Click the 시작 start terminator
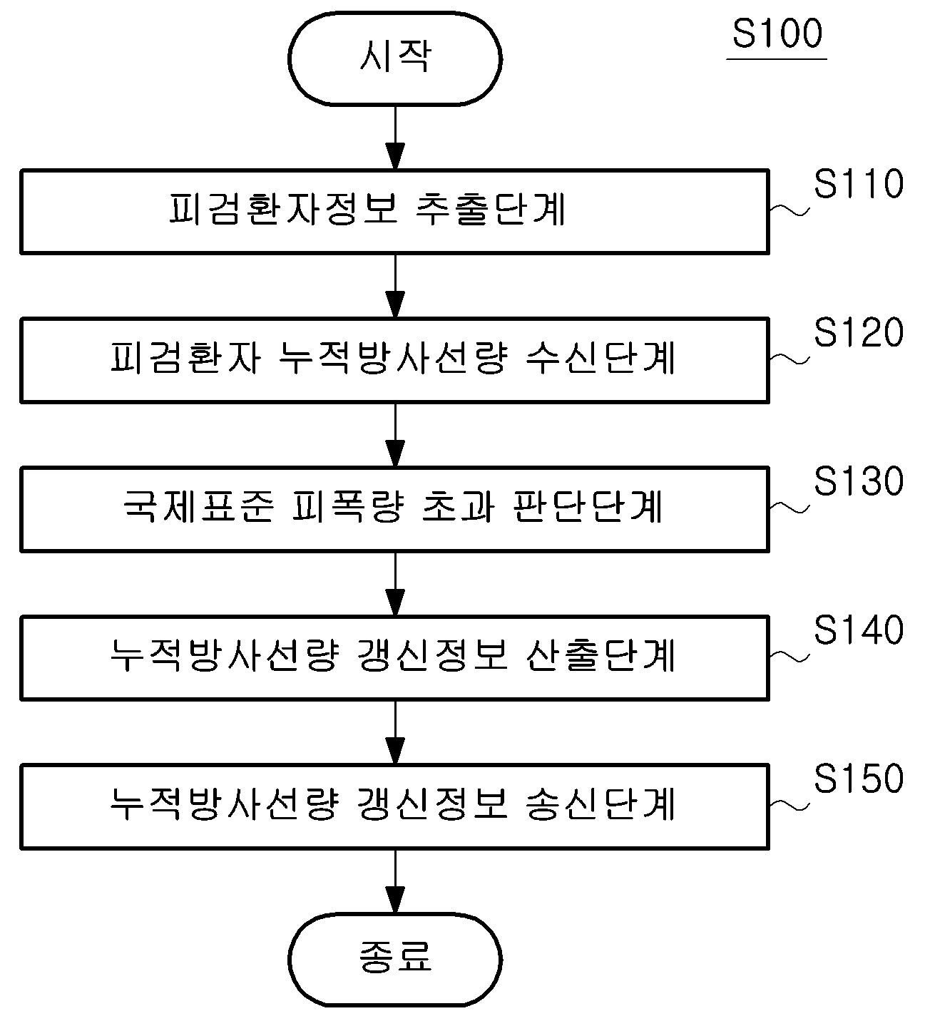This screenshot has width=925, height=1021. click(x=395, y=58)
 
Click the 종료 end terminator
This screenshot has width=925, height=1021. click(x=395, y=960)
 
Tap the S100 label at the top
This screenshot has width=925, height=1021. click(x=777, y=34)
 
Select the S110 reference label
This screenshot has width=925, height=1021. click(x=859, y=183)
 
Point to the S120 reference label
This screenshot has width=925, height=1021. click(x=859, y=332)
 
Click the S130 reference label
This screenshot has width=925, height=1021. click(x=859, y=481)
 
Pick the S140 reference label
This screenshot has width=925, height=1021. click(x=859, y=630)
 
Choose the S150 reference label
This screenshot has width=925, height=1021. click(x=859, y=778)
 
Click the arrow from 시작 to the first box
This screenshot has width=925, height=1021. click(x=395, y=138)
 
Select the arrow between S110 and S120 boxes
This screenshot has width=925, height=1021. click(x=395, y=285)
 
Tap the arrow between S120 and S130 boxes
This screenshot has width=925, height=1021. click(x=395, y=435)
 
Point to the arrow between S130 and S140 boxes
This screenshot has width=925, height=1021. click(x=395, y=584)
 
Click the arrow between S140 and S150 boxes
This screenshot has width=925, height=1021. click(x=395, y=732)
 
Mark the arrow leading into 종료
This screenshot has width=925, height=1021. click(x=395, y=881)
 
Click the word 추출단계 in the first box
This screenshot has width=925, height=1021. click(x=491, y=209)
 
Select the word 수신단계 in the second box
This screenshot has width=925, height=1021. click(x=600, y=358)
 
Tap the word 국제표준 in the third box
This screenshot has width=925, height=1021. click(x=199, y=506)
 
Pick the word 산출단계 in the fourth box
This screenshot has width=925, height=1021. click(x=600, y=655)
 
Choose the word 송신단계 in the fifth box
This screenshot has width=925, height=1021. click(x=600, y=804)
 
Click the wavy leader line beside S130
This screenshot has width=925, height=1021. click(x=789, y=508)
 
